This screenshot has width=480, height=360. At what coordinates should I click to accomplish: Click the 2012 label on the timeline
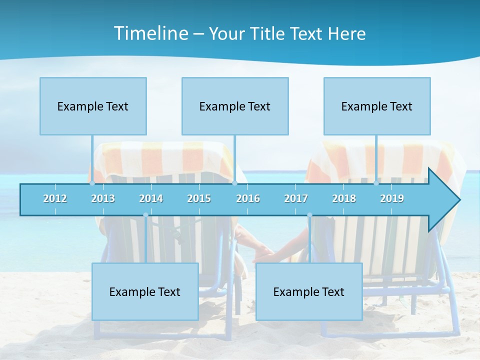pos(55,198)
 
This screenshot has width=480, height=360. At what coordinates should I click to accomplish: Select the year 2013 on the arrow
pos(103,198)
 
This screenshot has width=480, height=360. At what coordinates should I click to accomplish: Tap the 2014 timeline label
pos(151,198)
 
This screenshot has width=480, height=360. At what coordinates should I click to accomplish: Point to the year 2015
pos(199,198)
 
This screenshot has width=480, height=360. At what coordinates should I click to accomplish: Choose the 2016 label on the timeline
pos(248,198)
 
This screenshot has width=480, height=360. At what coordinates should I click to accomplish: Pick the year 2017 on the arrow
pos(296,198)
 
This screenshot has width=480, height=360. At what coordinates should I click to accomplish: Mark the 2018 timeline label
pos(344,198)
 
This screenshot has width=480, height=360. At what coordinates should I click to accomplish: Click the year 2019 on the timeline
pos(392,198)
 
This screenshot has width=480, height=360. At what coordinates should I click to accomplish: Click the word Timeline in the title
pos(150,33)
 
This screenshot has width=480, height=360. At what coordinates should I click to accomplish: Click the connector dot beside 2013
pos(92,183)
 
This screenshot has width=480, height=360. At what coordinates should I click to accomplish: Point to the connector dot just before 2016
pos(234,183)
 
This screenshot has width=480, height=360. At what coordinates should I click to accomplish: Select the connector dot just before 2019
pos(376,183)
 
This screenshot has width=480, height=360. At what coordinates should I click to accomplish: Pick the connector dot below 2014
pos(145,215)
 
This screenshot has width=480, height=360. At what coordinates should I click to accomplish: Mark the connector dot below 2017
pos(309,215)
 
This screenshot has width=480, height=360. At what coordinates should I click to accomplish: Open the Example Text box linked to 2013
pos(93,106)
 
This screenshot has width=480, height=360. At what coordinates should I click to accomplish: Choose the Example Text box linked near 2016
pos(235,106)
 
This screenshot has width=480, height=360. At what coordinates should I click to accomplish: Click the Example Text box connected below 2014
pos(145,291)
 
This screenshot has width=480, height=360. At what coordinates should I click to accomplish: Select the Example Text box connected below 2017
pos(309,291)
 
